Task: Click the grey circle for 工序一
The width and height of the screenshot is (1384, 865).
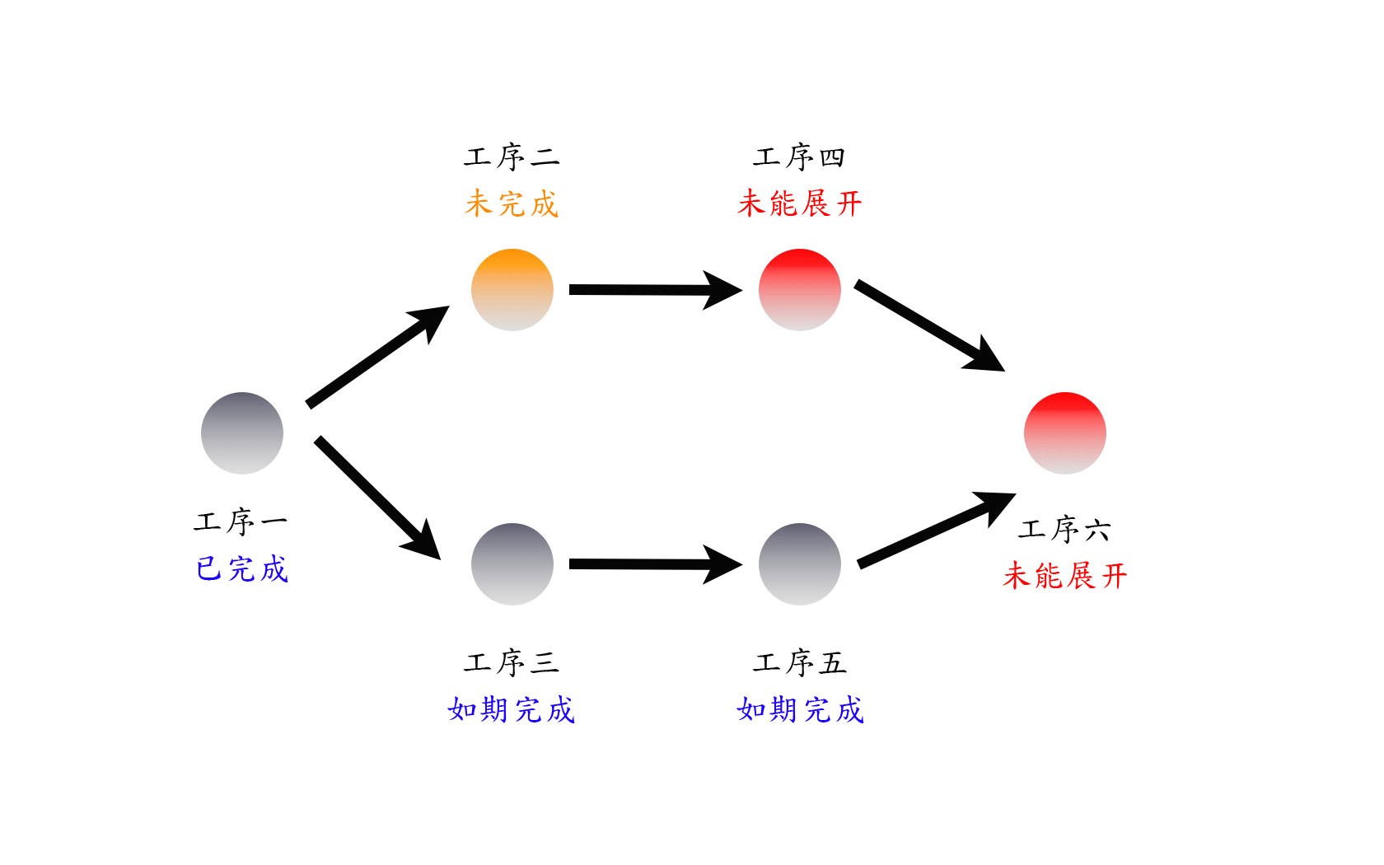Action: [x=242, y=433]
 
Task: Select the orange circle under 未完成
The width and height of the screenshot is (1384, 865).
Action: [x=512, y=290]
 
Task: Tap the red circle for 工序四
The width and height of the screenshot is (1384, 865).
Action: [x=799, y=290]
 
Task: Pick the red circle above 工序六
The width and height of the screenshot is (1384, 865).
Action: [x=1065, y=433]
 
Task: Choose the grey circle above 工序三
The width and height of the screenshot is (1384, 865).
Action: [x=512, y=564]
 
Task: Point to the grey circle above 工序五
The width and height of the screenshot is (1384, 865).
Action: [x=799, y=564]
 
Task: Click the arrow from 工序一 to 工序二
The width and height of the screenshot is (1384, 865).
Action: [x=377, y=358]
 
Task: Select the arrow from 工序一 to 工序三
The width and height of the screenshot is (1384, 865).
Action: [x=377, y=498]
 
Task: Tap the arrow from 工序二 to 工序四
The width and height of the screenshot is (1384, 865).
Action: [x=656, y=290]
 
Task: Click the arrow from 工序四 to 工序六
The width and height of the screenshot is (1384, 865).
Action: [x=930, y=325]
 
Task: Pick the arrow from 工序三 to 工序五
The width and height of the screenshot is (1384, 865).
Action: [x=656, y=564]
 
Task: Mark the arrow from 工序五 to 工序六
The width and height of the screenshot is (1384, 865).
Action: [x=937, y=531]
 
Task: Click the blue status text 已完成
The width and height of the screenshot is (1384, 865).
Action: [x=242, y=569]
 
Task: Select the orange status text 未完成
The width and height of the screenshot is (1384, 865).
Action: [x=512, y=204]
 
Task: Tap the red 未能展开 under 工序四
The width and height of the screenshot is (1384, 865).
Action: [x=799, y=203]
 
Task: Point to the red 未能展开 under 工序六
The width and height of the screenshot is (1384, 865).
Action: [x=1065, y=576]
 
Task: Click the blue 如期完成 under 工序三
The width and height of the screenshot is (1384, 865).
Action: [x=512, y=709]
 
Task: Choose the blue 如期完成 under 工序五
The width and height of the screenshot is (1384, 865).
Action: [x=800, y=709]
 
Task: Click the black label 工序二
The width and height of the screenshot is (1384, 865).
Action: [x=512, y=157]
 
